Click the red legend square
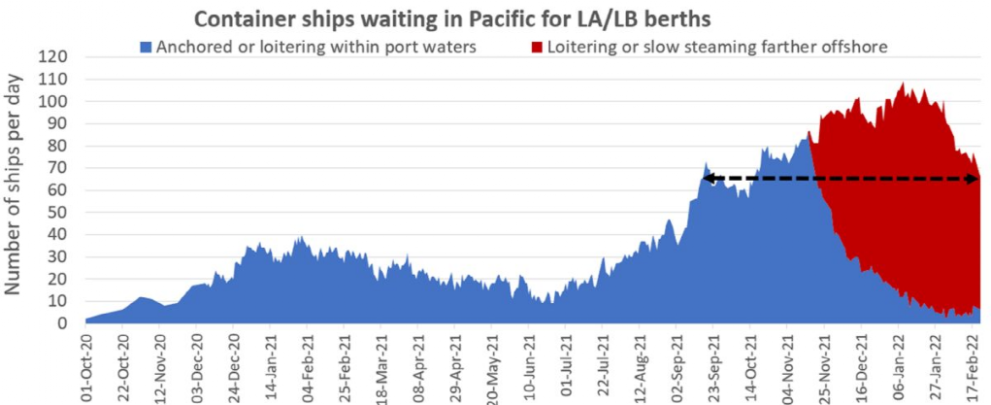[x=537, y=46]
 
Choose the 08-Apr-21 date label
[x=418, y=365]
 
